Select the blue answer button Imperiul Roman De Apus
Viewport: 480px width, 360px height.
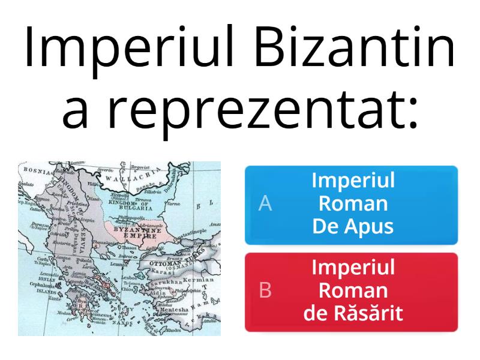(351, 205)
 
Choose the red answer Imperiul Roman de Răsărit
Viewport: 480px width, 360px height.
(351, 292)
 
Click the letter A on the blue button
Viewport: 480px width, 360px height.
(265, 205)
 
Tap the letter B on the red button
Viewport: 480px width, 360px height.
(265, 291)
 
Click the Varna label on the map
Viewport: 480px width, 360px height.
(173, 204)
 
